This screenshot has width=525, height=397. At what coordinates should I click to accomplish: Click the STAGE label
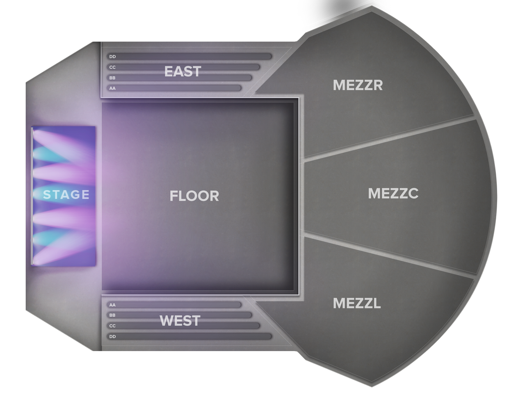[66, 194]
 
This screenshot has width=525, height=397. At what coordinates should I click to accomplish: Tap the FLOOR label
[194, 196]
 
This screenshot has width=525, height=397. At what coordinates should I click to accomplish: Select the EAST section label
[183, 71]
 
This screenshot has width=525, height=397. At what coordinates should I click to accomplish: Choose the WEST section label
[180, 321]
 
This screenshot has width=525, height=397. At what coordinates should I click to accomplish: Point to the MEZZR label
[358, 85]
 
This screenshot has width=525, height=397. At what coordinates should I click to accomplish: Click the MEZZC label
[393, 193]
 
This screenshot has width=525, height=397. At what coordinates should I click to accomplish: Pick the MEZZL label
[357, 303]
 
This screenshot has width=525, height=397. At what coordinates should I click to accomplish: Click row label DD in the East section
[112, 57]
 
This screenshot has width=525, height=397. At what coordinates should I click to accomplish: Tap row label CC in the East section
[112, 67]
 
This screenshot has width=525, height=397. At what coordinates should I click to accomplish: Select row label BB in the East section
[112, 78]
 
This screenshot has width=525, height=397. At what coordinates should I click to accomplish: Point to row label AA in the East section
[112, 88]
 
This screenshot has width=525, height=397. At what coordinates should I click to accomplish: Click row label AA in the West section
[112, 305]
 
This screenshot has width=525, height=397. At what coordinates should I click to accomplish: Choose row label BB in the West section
[112, 315]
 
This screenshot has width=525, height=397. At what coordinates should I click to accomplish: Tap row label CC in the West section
[112, 326]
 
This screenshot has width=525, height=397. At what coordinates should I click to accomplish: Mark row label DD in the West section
[112, 336]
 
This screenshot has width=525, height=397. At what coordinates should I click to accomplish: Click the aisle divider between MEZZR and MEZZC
[388, 138]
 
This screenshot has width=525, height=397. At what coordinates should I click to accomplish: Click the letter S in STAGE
[47, 194]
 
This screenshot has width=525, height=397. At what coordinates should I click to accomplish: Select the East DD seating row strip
[189, 57]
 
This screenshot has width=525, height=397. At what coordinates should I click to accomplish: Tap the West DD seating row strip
[189, 336]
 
